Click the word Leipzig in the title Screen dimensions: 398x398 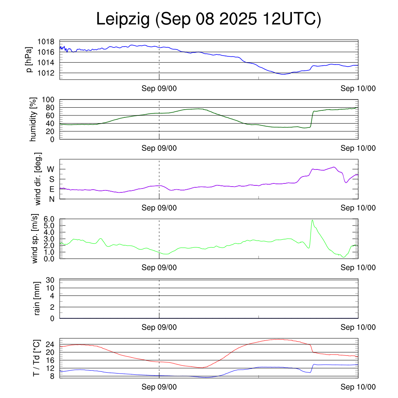click(x=123, y=20)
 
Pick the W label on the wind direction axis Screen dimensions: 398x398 click(x=51, y=169)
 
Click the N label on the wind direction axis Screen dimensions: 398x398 click(x=51, y=199)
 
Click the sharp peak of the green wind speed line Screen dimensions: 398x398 click(x=312, y=220)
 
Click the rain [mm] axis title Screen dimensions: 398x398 click(x=38, y=299)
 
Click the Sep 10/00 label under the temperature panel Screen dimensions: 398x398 click(x=358, y=387)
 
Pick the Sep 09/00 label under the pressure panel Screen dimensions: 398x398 click(x=159, y=89)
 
